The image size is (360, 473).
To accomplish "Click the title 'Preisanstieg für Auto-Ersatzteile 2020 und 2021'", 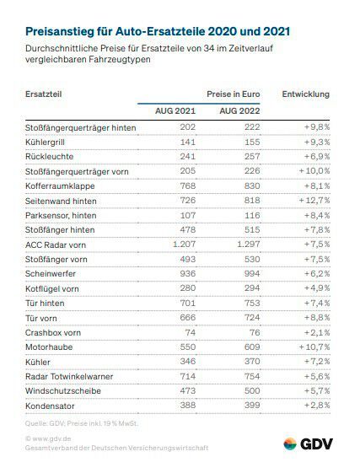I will pos(158,32).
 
